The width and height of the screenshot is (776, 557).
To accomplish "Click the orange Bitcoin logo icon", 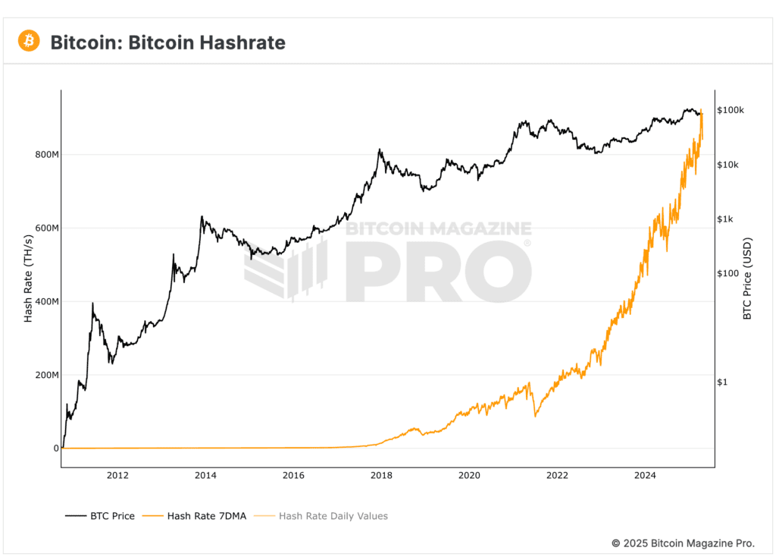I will [29, 41].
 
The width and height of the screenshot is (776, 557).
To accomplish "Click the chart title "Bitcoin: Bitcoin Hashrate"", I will [167, 42].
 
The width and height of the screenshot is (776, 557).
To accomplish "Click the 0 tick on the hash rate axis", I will [55, 448].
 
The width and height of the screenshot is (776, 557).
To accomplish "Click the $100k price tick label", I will [731, 110].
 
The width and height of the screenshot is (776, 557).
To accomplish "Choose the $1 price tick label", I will [723, 382].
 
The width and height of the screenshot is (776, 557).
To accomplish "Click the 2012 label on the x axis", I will [117, 476].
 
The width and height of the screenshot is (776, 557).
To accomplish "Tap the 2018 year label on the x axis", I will [381, 476].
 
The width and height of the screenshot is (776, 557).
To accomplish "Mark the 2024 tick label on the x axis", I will [645, 476].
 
